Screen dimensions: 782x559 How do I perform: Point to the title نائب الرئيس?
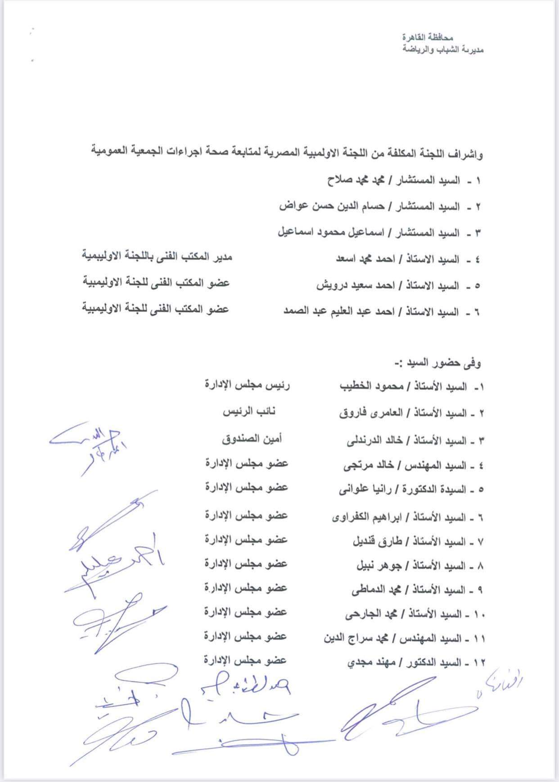pos(249,412)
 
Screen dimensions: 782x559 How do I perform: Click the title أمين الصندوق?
pos(252,439)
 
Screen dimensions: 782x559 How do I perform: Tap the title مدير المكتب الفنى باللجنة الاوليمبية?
pos(157,256)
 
